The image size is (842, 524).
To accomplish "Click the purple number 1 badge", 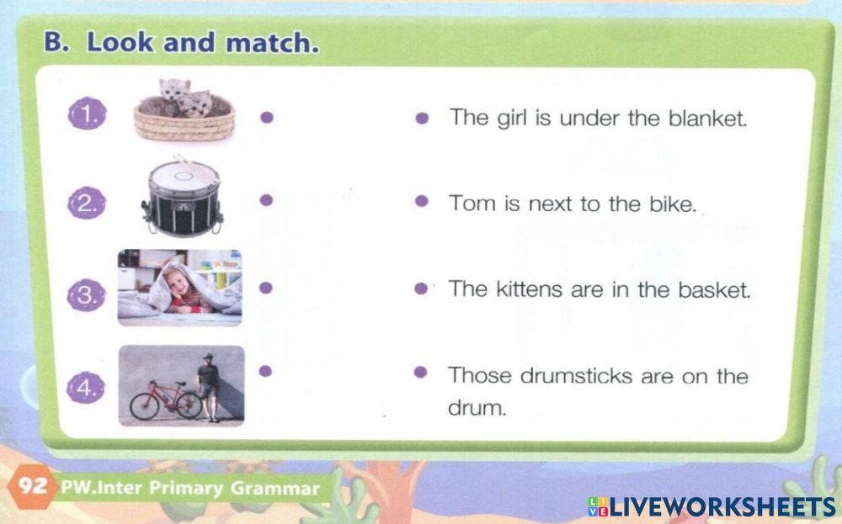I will click(x=86, y=114).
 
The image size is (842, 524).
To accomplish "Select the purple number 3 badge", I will click(x=87, y=295).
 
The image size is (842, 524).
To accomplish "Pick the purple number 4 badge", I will click(x=87, y=388).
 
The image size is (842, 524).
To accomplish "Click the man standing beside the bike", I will click(x=209, y=385).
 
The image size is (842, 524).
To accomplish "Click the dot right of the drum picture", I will click(x=266, y=200).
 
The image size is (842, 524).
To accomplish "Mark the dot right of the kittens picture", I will click(x=266, y=118).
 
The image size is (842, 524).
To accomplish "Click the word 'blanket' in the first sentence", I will click(x=707, y=118).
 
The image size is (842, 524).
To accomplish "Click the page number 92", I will click(x=32, y=487).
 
